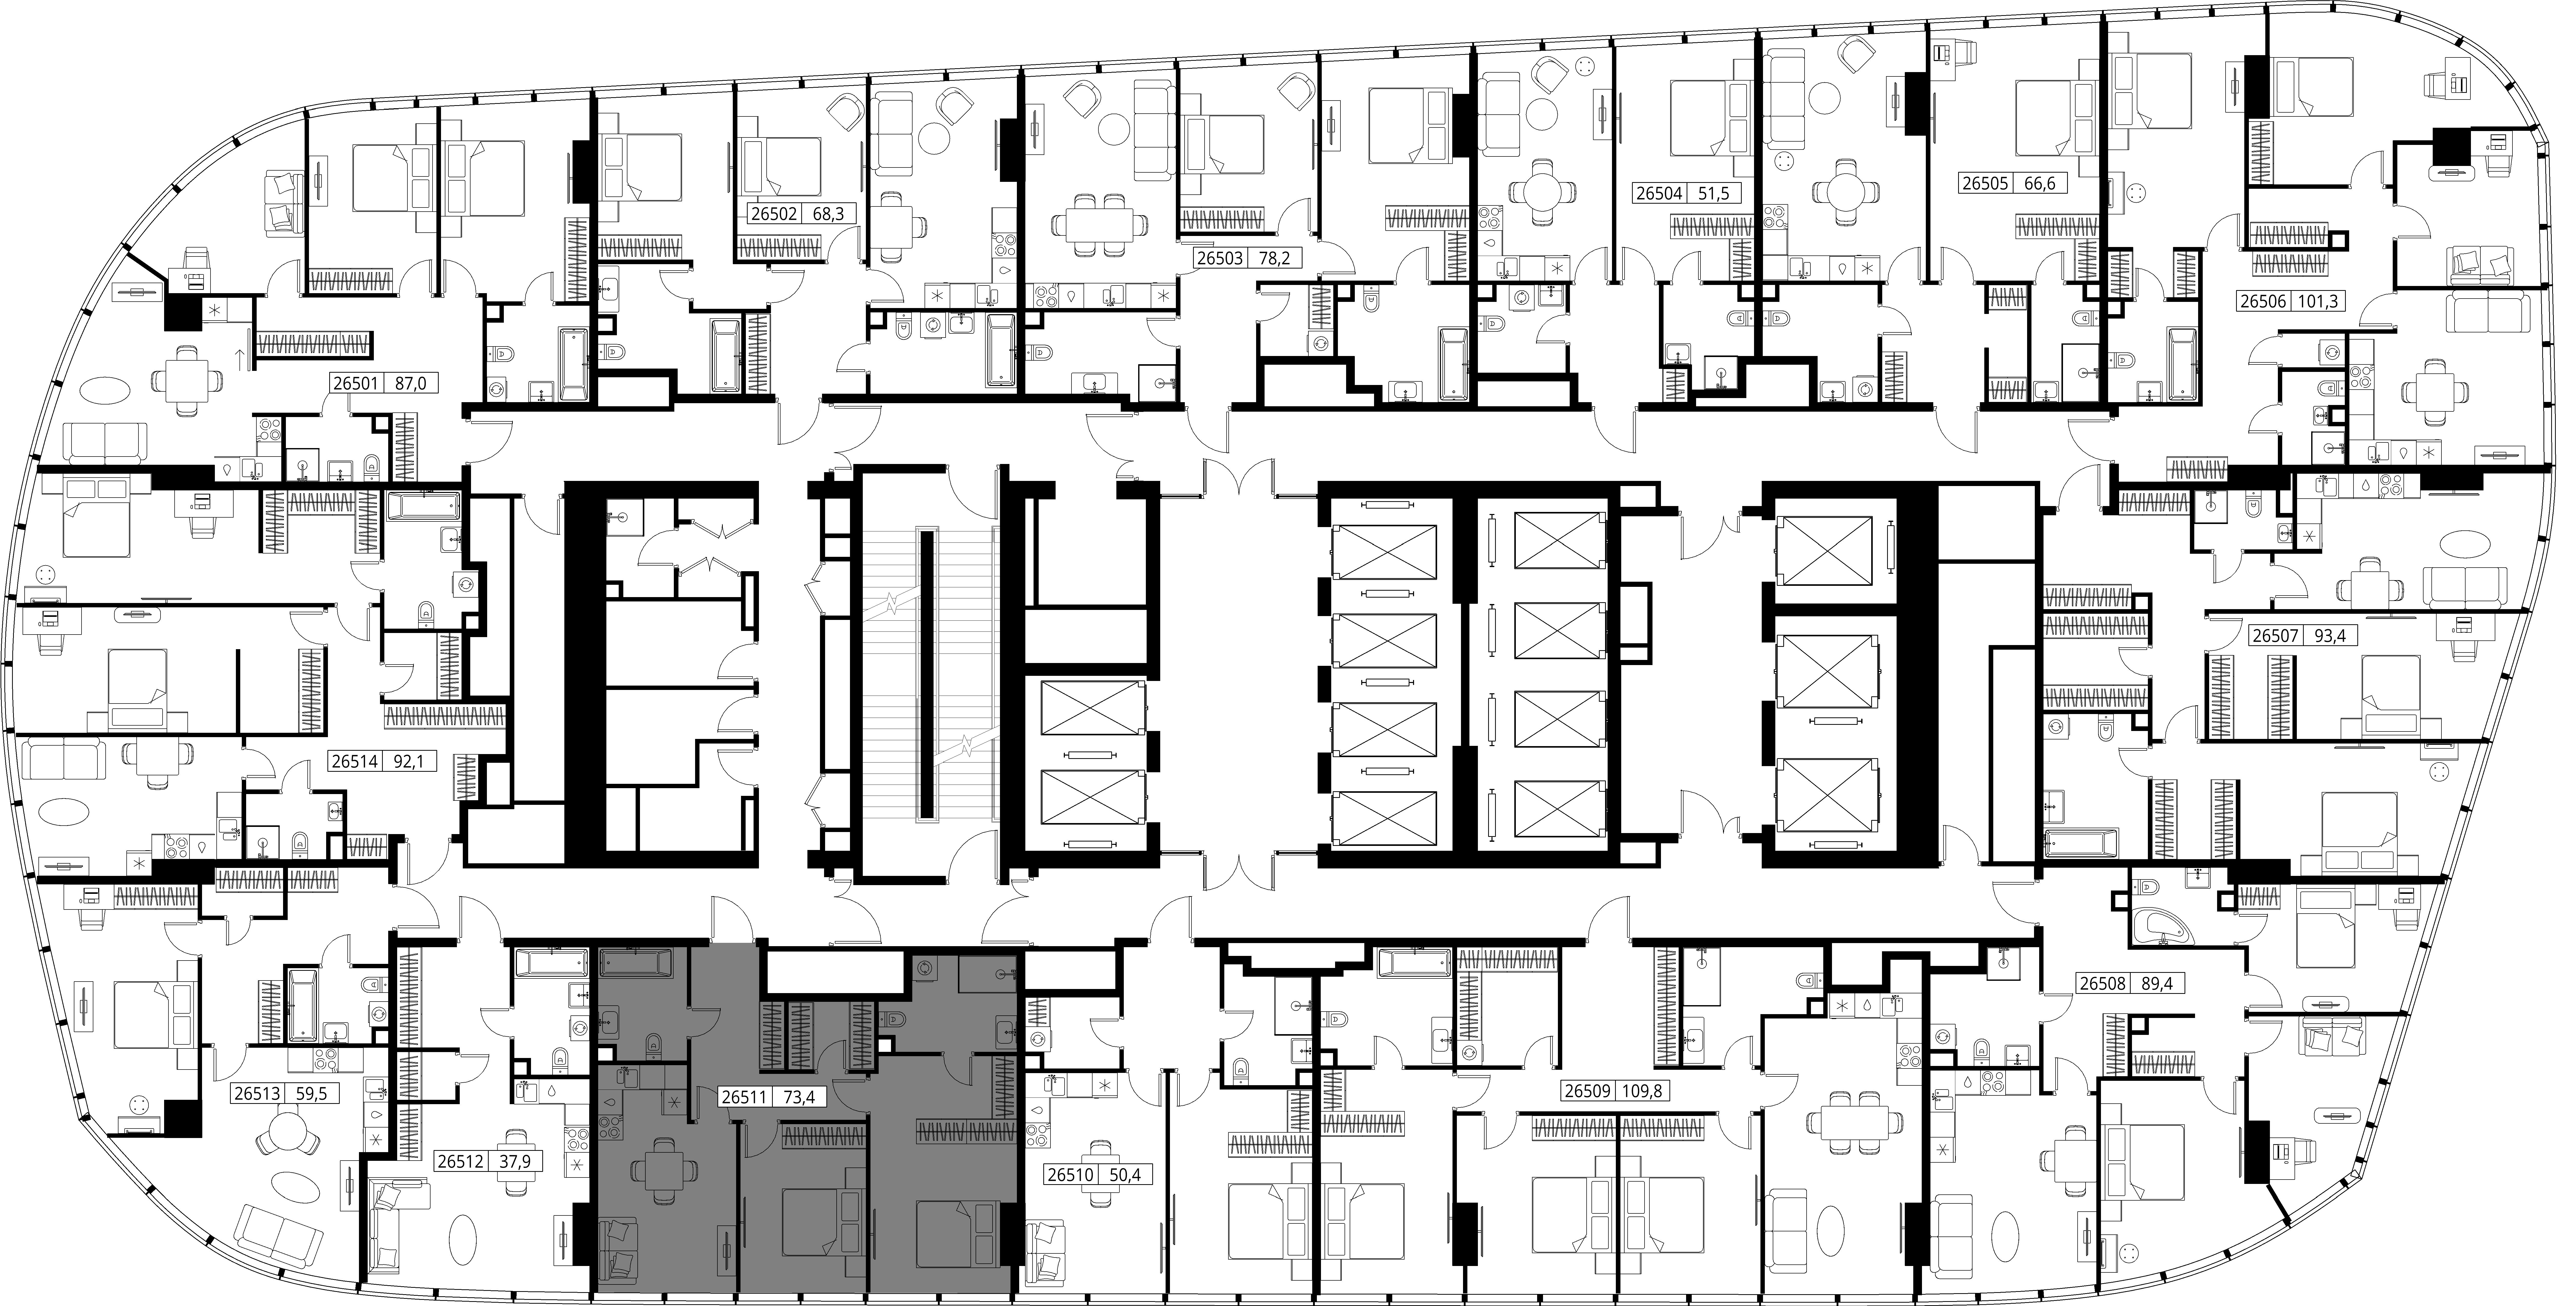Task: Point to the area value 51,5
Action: pyautogui.click(x=1713, y=193)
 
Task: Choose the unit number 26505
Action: pyautogui.click(x=1984, y=184)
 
